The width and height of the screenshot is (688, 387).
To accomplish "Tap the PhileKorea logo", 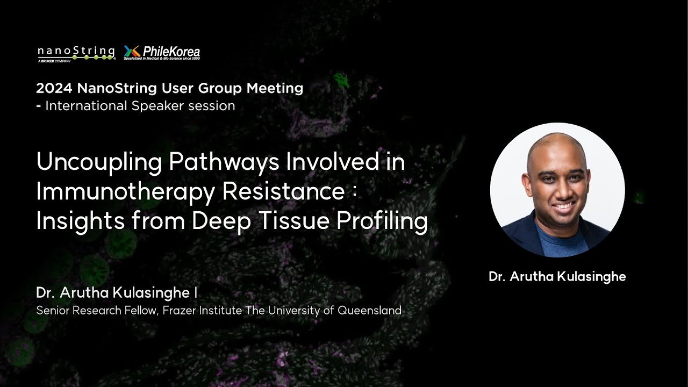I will click(x=162, y=52).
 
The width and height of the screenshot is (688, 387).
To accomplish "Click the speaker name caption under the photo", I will click(x=557, y=277).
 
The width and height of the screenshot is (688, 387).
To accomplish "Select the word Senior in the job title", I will click(x=52, y=310).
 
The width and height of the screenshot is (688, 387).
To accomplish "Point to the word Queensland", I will click(x=369, y=310).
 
